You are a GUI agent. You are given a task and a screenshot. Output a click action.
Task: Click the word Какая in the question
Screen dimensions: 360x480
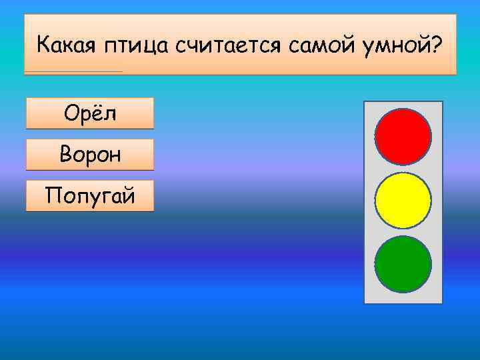pyautogui.click(x=66, y=46)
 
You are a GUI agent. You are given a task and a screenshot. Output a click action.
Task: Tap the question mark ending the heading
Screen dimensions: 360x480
pyautogui.click(x=437, y=45)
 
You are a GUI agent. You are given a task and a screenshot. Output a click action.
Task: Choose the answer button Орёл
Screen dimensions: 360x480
pyautogui.click(x=90, y=113)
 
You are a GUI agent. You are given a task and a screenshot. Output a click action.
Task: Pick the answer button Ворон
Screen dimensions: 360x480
pyautogui.click(x=90, y=155)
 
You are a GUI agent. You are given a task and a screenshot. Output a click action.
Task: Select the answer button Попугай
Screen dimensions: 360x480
pyautogui.click(x=90, y=196)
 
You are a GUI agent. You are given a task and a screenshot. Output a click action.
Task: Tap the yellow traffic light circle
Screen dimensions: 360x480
pyautogui.click(x=403, y=201)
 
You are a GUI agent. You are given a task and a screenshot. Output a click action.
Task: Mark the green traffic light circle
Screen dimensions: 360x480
pyautogui.click(x=403, y=264)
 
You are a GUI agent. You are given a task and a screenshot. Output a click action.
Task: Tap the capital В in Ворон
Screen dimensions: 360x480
pyautogui.click(x=65, y=155)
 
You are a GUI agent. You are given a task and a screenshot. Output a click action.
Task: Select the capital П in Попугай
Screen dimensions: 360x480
pyautogui.click(x=51, y=196)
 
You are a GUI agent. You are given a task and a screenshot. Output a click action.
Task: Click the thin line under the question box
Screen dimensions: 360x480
pyautogui.click(x=73, y=71)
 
